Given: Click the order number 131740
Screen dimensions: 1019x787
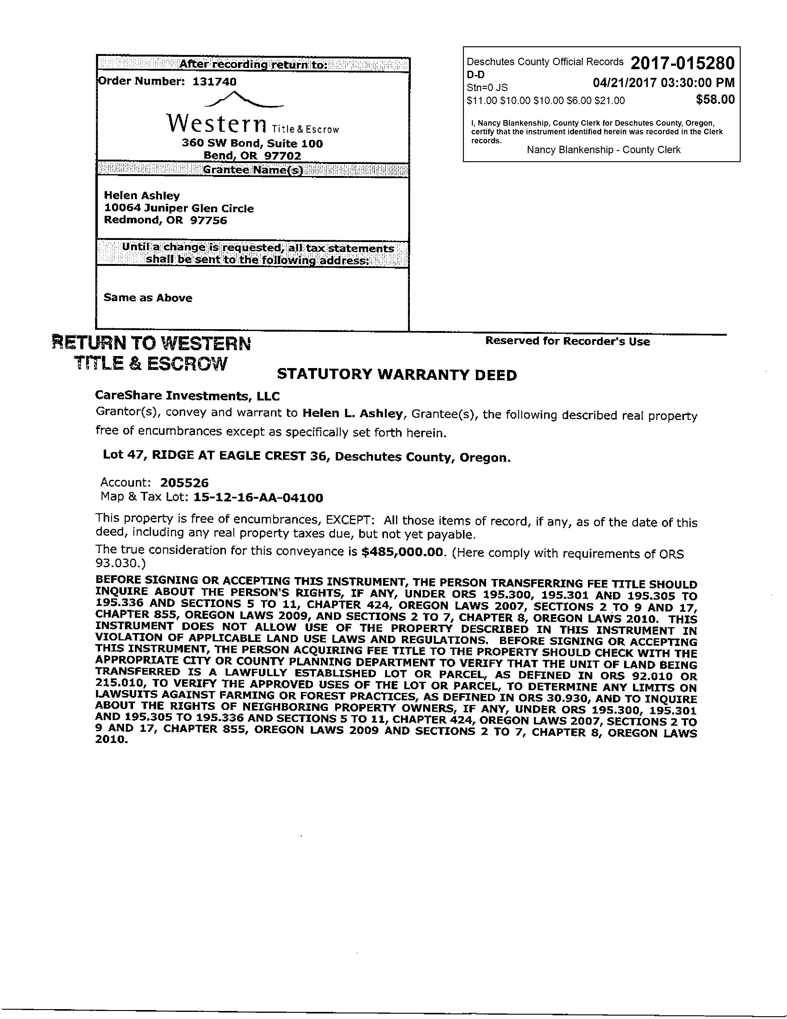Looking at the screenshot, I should (x=214, y=82).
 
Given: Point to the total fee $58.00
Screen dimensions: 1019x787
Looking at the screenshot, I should (x=715, y=99).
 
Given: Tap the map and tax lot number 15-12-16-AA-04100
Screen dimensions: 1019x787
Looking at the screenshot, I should (x=258, y=498).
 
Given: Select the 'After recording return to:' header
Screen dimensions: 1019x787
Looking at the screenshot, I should (x=253, y=65).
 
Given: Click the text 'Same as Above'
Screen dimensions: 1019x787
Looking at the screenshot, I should (x=148, y=298).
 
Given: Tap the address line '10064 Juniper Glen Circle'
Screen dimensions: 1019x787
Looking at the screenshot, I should (x=179, y=208).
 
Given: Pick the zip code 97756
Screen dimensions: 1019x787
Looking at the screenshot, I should (x=208, y=220).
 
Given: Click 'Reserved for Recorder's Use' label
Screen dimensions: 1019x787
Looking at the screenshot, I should (x=567, y=341).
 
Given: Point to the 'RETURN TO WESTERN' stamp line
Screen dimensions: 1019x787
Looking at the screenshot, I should (x=152, y=343).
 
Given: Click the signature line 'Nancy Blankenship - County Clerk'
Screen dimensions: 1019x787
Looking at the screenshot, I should (x=603, y=150).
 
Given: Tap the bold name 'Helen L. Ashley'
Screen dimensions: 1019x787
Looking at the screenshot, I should (x=352, y=413).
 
